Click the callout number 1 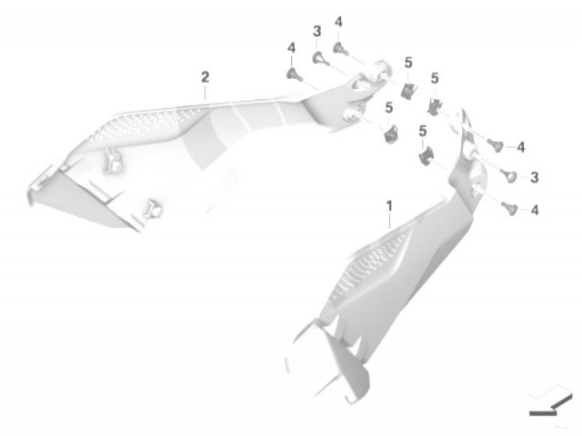pos(389,206)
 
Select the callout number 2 pos(205,77)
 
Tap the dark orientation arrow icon pos(551,406)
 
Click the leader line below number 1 pos(390,222)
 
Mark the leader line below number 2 pos(205,93)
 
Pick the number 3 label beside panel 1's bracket pos(534,177)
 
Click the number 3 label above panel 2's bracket pos(316,32)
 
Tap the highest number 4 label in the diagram pos(338,22)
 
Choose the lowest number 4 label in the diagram pos(535,211)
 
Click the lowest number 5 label pos(422,132)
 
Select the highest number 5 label pos(408,63)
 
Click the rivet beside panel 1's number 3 pos(509,175)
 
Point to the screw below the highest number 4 pos(341,49)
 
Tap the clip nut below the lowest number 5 pos(426,155)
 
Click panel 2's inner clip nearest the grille pos(113,161)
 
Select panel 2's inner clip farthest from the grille pos(153,209)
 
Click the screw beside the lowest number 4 pos(509,208)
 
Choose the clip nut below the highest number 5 pos(408,90)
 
